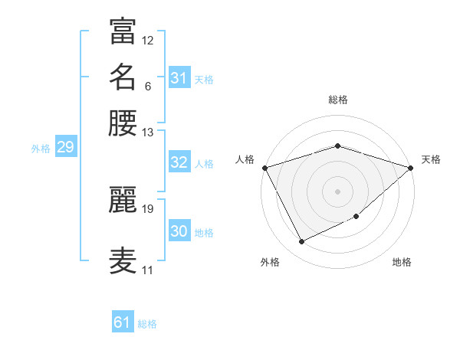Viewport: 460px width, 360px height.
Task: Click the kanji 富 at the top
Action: point(123,31)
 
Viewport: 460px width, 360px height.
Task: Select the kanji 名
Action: point(123,77)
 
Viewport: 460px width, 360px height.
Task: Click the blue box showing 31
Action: point(179,78)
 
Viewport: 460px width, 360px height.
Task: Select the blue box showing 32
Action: point(179,162)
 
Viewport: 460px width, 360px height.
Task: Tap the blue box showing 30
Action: point(179,231)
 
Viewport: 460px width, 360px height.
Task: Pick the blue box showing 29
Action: point(65,147)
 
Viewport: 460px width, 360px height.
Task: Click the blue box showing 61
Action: point(122,322)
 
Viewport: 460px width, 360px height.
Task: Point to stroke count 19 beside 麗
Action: point(148,208)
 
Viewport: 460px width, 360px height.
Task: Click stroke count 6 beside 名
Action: point(148,86)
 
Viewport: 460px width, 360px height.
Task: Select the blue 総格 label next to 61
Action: point(147,324)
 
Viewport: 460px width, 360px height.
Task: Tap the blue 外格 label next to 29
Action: point(41,149)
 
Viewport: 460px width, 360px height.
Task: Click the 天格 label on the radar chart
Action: point(431,159)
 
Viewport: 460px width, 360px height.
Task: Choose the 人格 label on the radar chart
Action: point(245,159)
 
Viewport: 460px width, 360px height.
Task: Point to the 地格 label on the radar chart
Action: point(402,262)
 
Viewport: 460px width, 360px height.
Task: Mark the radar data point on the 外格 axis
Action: point(301,242)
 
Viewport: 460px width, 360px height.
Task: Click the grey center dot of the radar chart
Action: point(337,191)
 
